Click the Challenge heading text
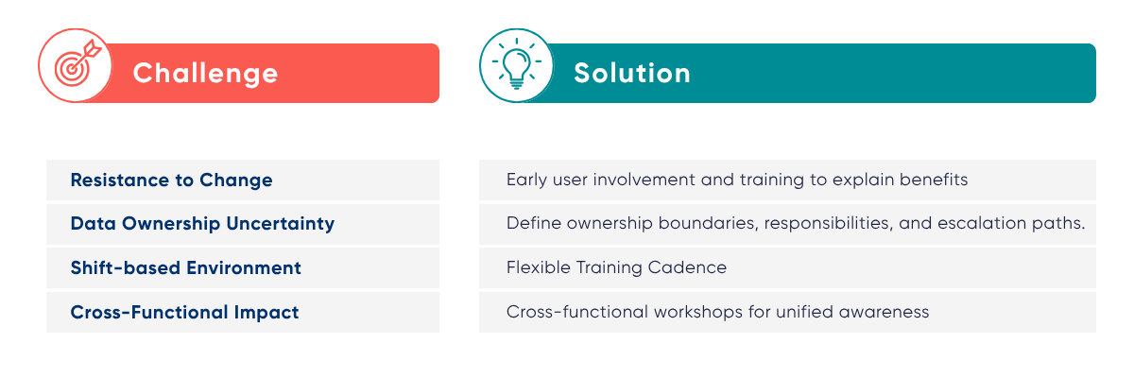(205, 74)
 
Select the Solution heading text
(632, 74)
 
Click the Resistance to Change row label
(171, 180)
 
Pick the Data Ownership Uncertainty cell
(202, 224)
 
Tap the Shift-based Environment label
(185, 267)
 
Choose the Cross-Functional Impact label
(184, 312)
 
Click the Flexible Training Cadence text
(616, 267)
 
